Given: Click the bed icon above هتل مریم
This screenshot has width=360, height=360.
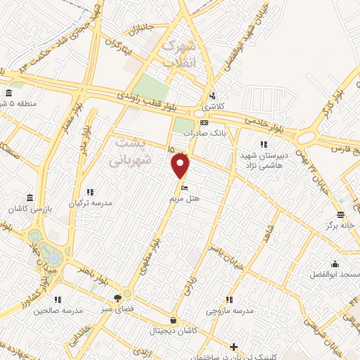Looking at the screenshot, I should [x=185, y=188].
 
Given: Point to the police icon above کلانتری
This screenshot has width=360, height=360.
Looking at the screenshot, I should [x=212, y=96].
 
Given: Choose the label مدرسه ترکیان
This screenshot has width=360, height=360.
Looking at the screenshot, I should [x=90, y=202].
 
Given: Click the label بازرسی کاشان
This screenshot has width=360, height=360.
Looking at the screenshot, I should [x=31, y=210].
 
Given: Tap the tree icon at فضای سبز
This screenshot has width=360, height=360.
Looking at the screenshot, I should [x=127, y=298].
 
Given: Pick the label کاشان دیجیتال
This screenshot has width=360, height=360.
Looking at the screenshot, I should [x=173, y=330].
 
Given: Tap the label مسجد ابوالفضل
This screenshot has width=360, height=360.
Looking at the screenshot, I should [x=335, y=272].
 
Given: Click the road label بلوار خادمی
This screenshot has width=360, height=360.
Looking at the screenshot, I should [x=268, y=124].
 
